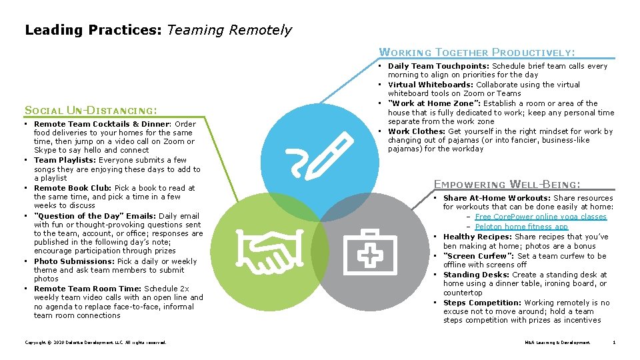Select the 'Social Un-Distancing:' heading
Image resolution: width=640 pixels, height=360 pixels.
[91, 110]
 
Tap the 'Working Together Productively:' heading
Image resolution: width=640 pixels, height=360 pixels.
[477, 52]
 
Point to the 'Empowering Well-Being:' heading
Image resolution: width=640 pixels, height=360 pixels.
[507, 184]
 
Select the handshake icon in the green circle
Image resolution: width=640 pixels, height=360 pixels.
[266, 247]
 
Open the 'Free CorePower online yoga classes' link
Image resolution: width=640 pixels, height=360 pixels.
[541, 217]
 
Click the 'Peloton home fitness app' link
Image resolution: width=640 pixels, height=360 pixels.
[521, 227]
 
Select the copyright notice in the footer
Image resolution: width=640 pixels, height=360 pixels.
[95, 343]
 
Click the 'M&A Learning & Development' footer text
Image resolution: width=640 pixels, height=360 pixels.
[557, 343]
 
